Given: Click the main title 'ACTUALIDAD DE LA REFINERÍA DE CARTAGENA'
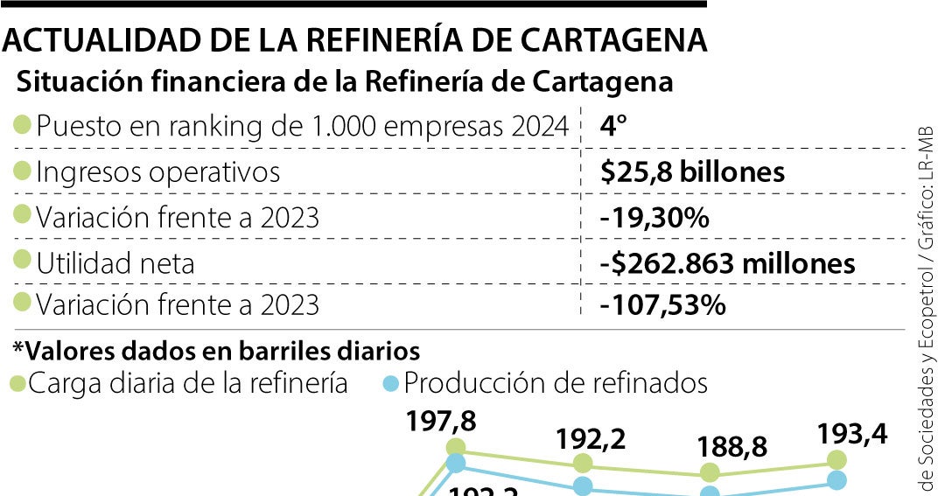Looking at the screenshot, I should coord(354,40).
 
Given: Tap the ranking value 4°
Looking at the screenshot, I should coord(613,126).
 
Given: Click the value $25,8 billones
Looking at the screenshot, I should coord(692,171).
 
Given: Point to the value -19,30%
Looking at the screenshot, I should coord(654,216).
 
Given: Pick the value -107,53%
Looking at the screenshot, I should coord(662,306).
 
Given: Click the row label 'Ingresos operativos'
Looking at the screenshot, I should coord(157,171).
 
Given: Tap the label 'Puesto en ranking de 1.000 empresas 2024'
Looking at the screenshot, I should coord(302,126).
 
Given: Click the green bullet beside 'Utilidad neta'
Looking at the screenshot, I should coord(23,261).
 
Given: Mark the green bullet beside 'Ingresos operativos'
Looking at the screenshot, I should coord(23,171).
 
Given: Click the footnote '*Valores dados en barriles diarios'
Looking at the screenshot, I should coord(215,351).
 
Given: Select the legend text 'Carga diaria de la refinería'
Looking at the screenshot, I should coord(188,383).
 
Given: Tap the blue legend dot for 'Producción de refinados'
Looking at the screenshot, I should coord(393,383).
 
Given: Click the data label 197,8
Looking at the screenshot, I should coord(441,423).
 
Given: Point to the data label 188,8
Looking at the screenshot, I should coord(733,447).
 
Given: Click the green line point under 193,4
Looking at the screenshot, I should coord(836,459).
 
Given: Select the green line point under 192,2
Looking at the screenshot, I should coord(583,464).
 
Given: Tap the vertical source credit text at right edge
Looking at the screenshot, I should coord(925,306).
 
